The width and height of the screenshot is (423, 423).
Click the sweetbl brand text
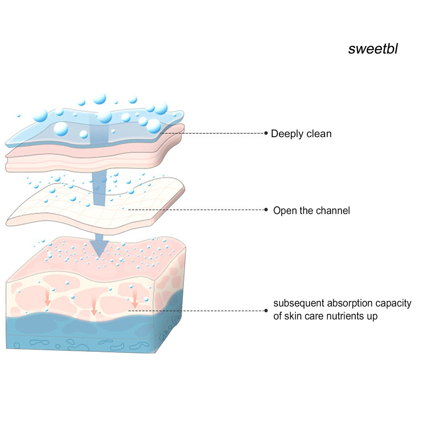pyautogui.click(x=373, y=49)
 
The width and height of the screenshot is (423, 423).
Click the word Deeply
pyautogui.click(x=287, y=134)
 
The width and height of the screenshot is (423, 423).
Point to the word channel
pyautogui.click(x=333, y=210)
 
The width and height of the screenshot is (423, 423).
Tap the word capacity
pyautogui.click(x=393, y=304)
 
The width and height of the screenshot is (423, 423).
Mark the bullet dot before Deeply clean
pyautogui.click(x=266, y=133)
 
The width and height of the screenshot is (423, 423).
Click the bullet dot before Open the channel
pyautogui.click(x=266, y=209)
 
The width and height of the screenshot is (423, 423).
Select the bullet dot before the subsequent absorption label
pyautogui.click(x=266, y=311)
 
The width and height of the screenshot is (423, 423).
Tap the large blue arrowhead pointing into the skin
pyautogui.click(x=99, y=248)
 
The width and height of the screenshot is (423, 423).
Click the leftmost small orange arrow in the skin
pyautogui.click(x=48, y=297)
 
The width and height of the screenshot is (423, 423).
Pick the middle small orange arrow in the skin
pyautogui.click(x=94, y=306)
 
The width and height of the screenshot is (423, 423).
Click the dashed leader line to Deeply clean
pyautogui.click(x=212, y=133)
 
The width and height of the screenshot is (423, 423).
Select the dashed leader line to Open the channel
pyautogui.click(x=196, y=209)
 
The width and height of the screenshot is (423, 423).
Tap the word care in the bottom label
pyautogui.click(x=313, y=316)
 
